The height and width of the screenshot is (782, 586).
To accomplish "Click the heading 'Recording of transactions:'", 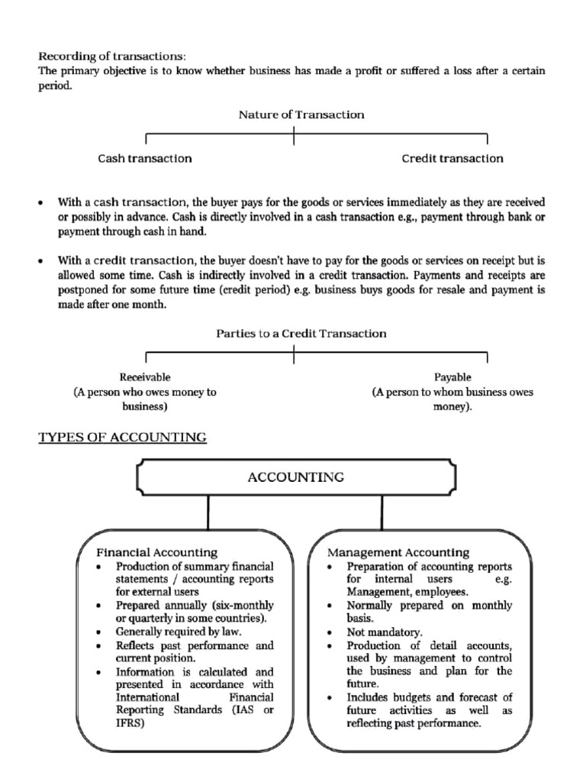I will coord(112,56).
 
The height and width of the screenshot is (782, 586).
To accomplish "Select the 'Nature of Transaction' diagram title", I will coord(301,115).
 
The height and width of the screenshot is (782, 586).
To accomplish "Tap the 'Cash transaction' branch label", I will coord(144,159).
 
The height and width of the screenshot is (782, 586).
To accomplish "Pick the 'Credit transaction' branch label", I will coord(452,159).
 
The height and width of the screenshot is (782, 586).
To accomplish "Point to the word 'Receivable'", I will coord(145,377).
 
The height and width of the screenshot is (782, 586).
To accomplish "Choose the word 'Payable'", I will coord(452,377).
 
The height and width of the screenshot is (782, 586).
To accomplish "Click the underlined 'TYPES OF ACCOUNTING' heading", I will coord(123,438).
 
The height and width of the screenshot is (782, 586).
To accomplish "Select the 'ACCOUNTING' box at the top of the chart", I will coord(295,478).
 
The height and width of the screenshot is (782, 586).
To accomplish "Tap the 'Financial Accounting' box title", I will coord(156,551).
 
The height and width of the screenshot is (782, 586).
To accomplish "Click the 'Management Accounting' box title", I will coord(398,551).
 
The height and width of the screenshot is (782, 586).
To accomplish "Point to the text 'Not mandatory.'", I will coord(385,633).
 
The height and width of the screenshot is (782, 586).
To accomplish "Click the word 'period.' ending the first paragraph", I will coord(55,86).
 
